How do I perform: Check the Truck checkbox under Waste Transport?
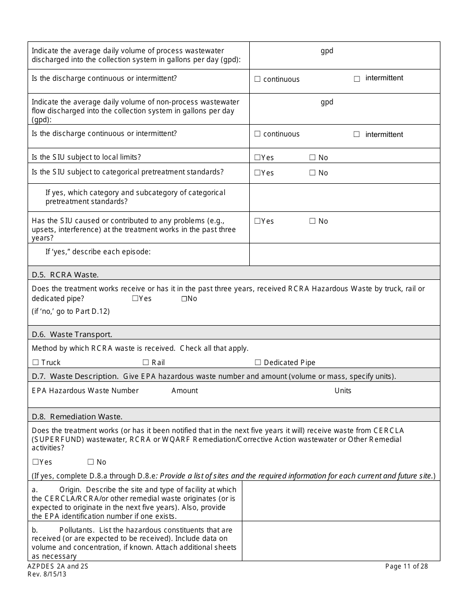pos(35,363)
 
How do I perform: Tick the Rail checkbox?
pos(146,363)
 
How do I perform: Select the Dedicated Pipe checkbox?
pos(258,363)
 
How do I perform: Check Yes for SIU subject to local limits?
pos(257,158)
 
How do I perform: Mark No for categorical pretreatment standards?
pos(312,173)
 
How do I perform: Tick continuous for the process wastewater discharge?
pos(257,79)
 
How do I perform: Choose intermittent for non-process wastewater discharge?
pos(357,135)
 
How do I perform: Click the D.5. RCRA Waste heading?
pos(65,275)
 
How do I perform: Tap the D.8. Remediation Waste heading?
pos(77,417)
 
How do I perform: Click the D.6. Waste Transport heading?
pos(72,335)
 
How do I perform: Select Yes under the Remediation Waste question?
pos(35,462)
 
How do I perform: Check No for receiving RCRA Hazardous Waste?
pos(184,299)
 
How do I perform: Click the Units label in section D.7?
pos(343,391)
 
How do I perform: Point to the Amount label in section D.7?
pos(184,391)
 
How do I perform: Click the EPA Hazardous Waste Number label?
pos(85,391)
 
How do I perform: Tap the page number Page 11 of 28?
pos(406,567)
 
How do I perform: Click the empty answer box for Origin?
pos(341,501)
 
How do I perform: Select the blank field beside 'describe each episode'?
pos(344,254)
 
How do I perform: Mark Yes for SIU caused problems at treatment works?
pos(257,221)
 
